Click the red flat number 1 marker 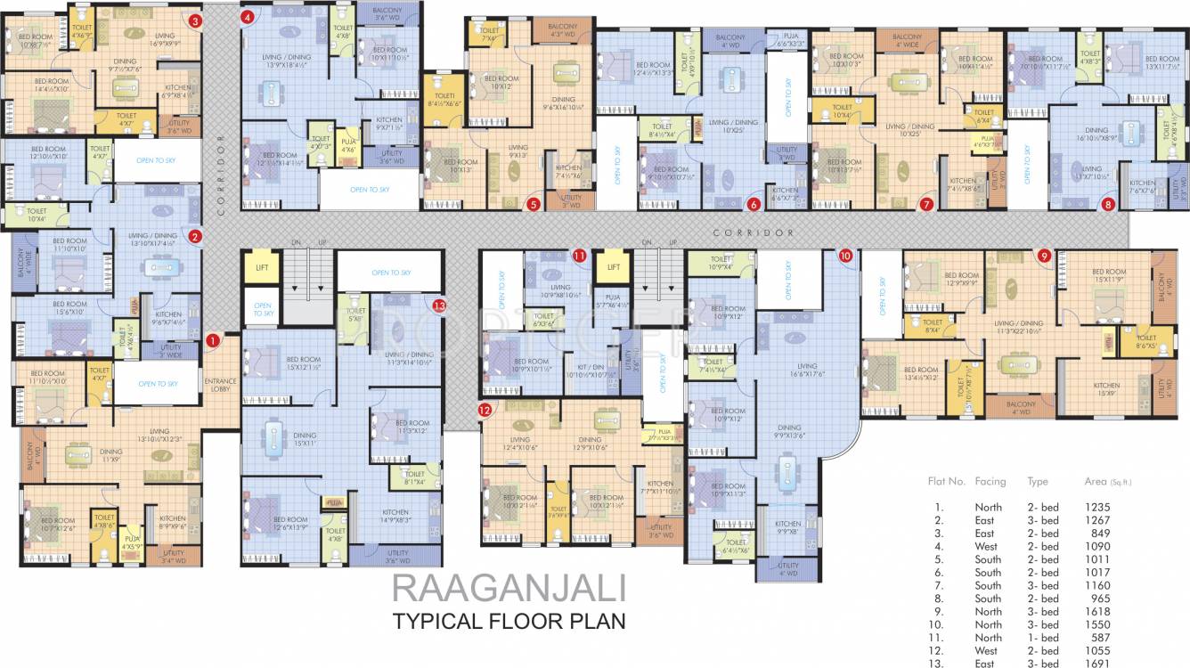[212, 339]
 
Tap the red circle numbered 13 [438, 305]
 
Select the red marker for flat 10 [845, 255]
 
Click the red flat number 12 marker [485, 411]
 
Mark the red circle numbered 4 [247, 16]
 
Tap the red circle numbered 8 [1108, 204]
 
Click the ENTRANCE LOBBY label [219, 384]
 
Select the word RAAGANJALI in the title [509, 589]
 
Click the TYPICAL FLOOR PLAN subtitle [509, 621]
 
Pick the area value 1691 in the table [1097, 664]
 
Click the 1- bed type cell [1043, 638]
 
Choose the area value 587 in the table [1097, 638]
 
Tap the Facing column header [990, 481]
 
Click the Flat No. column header [947, 481]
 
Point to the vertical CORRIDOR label [220, 175]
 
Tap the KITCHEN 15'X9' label [1106, 389]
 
